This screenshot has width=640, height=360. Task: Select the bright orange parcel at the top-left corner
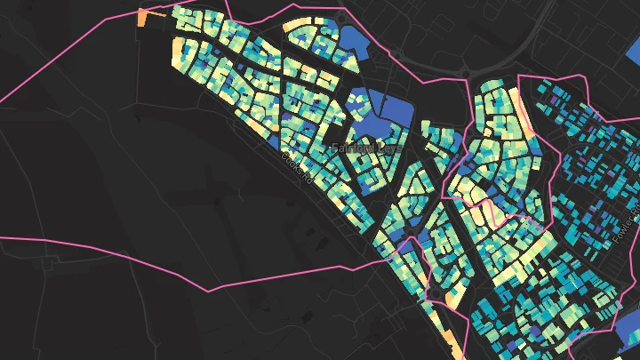(x=143, y=20)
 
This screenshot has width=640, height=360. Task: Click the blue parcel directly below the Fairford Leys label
(x=367, y=183)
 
